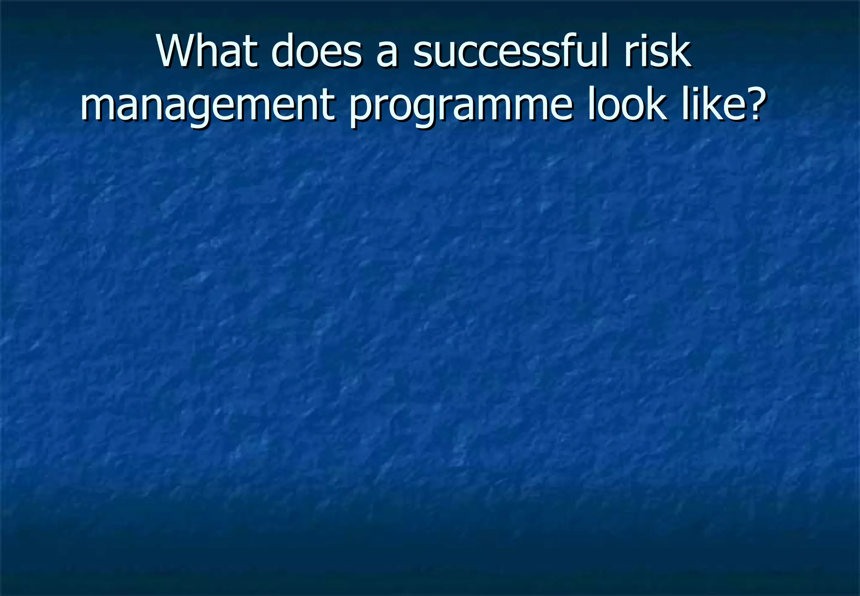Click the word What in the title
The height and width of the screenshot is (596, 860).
pyautogui.click(x=206, y=52)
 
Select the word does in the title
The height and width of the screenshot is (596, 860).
pyautogui.click(x=316, y=52)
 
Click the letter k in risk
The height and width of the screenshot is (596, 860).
pyautogui.click(x=680, y=52)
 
